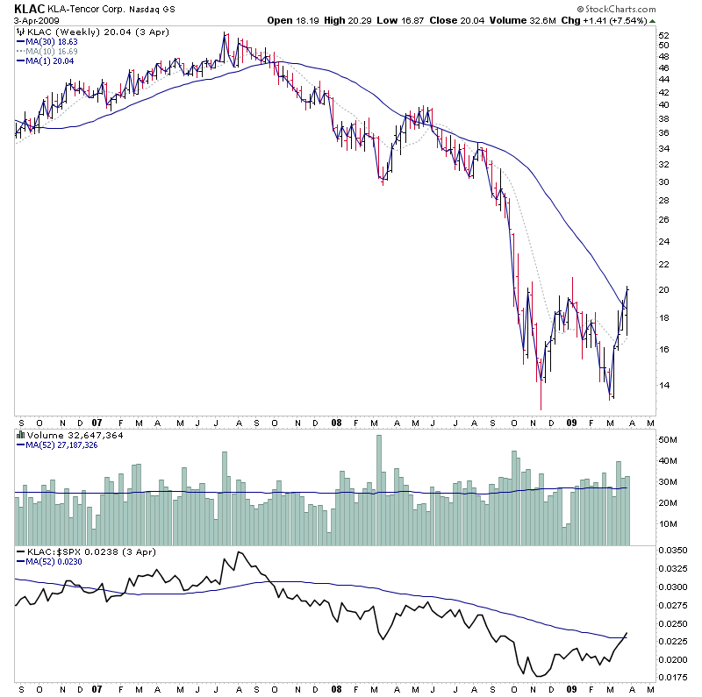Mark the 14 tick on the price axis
click(x=663, y=385)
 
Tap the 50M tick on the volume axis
click(x=669, y=439)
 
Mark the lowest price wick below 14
click(x=541, y=403)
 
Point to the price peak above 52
click(x=226, y=35)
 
